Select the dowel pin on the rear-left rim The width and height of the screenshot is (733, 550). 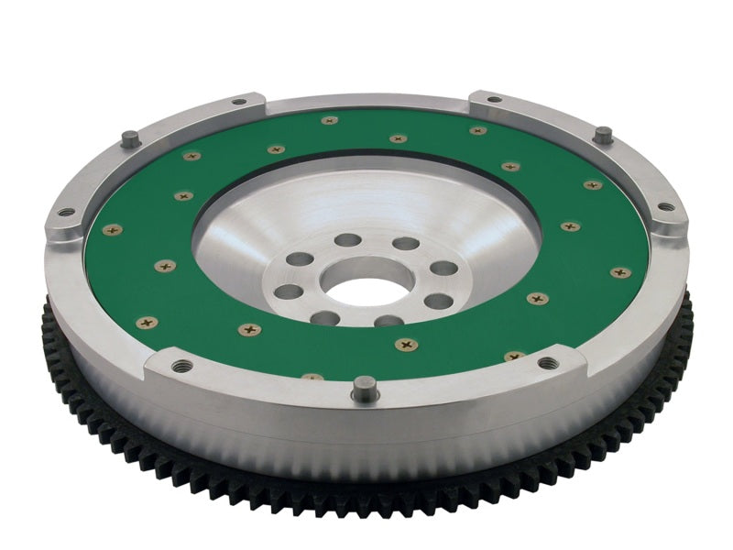130,138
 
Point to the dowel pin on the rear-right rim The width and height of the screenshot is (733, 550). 602,134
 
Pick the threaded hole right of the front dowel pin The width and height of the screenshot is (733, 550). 548,363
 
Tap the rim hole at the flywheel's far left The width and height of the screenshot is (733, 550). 67,213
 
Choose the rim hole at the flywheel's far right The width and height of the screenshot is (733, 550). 666,206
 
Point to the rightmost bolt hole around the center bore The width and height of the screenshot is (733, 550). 443,269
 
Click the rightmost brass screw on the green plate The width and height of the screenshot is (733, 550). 620,272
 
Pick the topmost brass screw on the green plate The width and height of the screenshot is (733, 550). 330,120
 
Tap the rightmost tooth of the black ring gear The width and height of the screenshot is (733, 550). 689,302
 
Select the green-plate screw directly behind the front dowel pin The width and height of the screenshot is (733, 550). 407,344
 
